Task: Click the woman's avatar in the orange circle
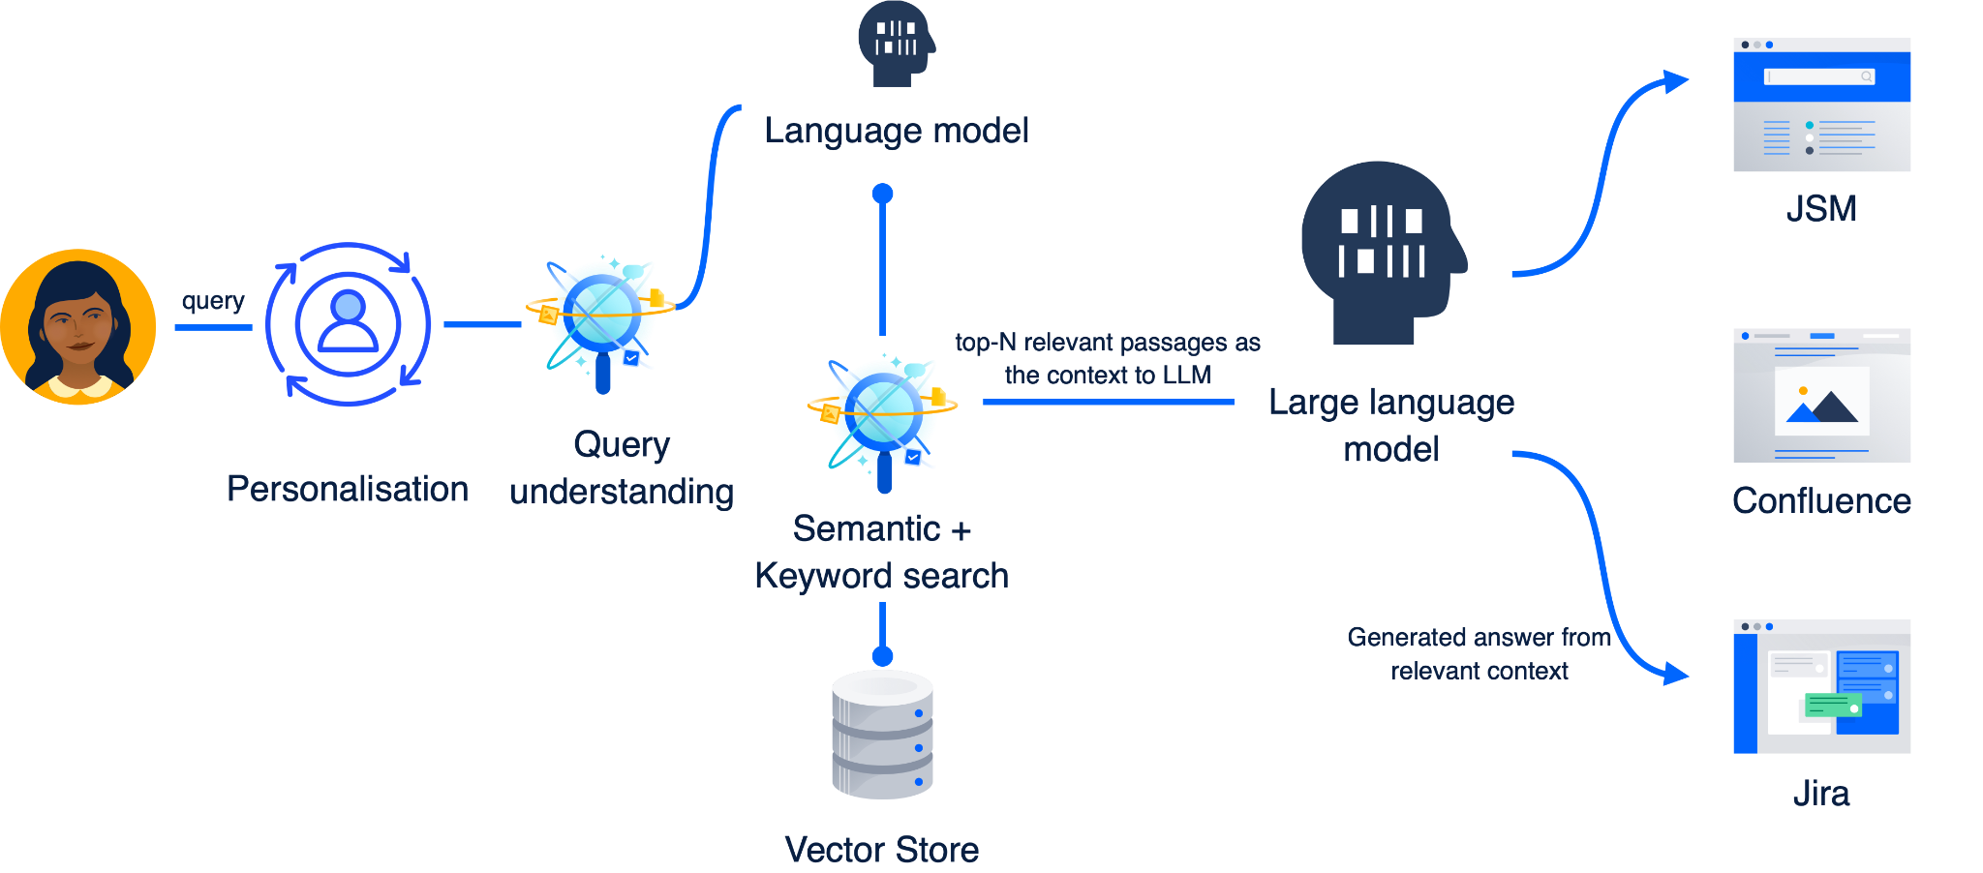click(78, 326)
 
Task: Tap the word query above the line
click(213, 301)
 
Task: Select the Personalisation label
click(348, 489)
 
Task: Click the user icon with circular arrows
click(348, 323)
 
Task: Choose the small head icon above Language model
click(895, 43)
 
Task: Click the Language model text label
click(897, 131)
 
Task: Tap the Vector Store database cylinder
click(882, 735)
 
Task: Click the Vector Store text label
click(882, 850)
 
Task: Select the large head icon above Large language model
click(1382, 252)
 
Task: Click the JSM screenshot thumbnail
click(1821, 105)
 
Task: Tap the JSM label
click(1821, 209)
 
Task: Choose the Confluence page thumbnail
click(1821, 395)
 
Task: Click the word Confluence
click(1821, 501)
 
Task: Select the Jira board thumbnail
click(1821, 686)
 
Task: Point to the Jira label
click(1821, 794)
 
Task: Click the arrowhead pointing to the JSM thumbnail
click(1675, 81)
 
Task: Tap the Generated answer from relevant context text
click(1479, 653)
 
